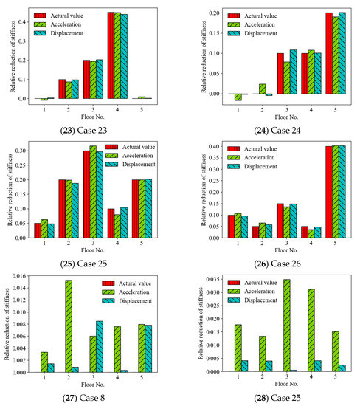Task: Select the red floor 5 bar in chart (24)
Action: (308, 53)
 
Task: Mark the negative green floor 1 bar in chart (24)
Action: (238, 97)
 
